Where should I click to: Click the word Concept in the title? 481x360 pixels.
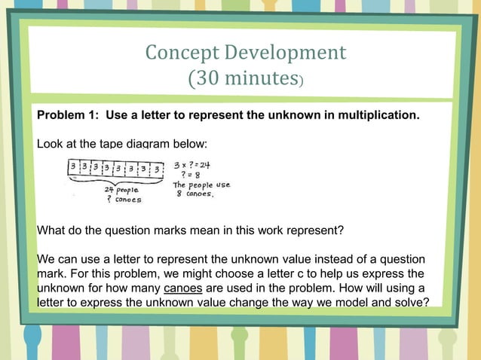click(176, 53)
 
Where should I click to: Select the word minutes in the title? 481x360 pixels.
click(260, 78)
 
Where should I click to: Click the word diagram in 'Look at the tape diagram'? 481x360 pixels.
click(145, 143)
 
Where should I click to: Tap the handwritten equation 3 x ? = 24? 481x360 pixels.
click(191, 164)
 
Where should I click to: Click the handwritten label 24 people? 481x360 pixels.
click(121, 191)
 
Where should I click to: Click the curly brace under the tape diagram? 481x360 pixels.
click(115, 182)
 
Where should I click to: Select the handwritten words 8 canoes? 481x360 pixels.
click(195, 194)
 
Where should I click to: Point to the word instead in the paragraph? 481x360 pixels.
click(326, 259)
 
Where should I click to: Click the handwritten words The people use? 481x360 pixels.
click(201, 185)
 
